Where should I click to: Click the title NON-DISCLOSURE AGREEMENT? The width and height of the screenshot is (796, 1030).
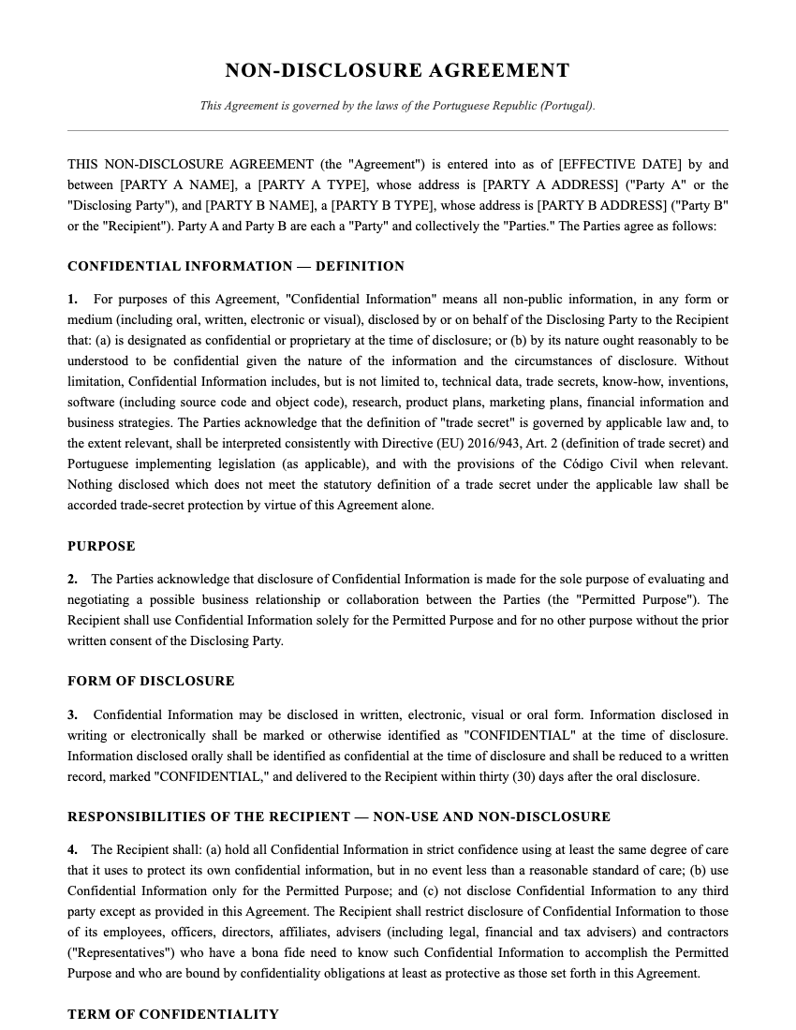(x=397, y=71)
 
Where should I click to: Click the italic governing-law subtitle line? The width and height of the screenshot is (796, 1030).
(x=397, y=106)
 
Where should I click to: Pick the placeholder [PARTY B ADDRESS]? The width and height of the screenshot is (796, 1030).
(x=601, y=206)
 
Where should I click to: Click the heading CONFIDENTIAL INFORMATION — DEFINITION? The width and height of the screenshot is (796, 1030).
(x=236, y=267)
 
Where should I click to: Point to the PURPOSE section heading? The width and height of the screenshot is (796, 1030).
(x=101, y=546)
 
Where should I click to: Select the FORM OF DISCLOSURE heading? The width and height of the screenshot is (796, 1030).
(x=151, y=681)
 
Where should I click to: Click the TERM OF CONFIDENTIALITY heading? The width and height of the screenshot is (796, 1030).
(x=173, y=1014)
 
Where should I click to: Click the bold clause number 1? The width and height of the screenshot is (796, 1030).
(x=72, y=300)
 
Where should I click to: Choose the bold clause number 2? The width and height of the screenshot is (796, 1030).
(x=72, y=580)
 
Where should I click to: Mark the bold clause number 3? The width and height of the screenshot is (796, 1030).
(x=72, y=715)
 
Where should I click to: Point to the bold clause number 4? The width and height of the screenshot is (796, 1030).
(x=72, y=850)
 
